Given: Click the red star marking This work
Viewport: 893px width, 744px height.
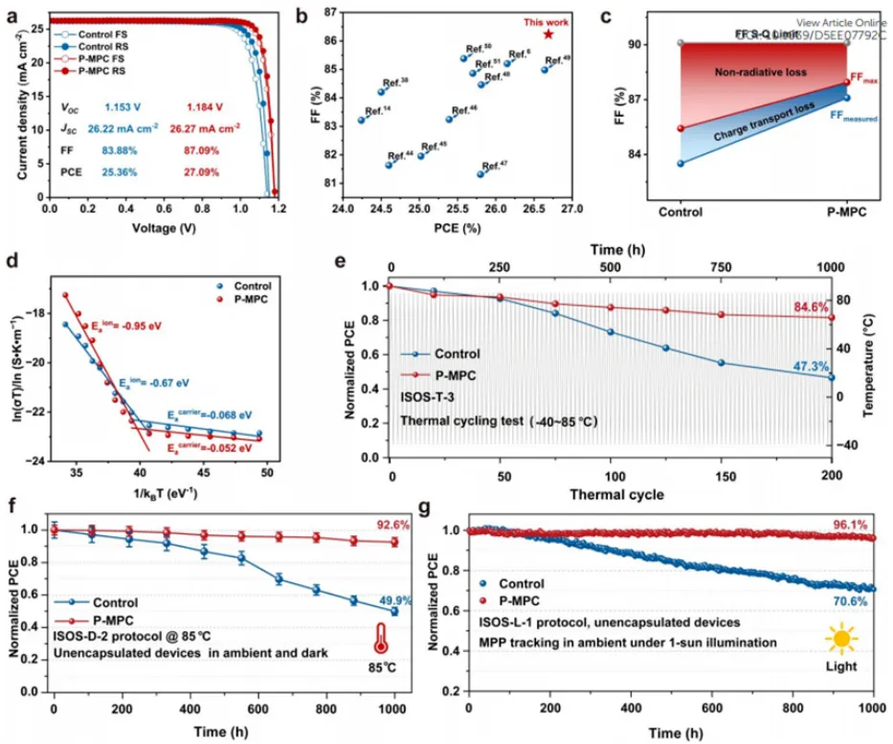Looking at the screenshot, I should [548, 34].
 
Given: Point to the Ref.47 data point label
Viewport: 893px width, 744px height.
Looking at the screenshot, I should [497, 166].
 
